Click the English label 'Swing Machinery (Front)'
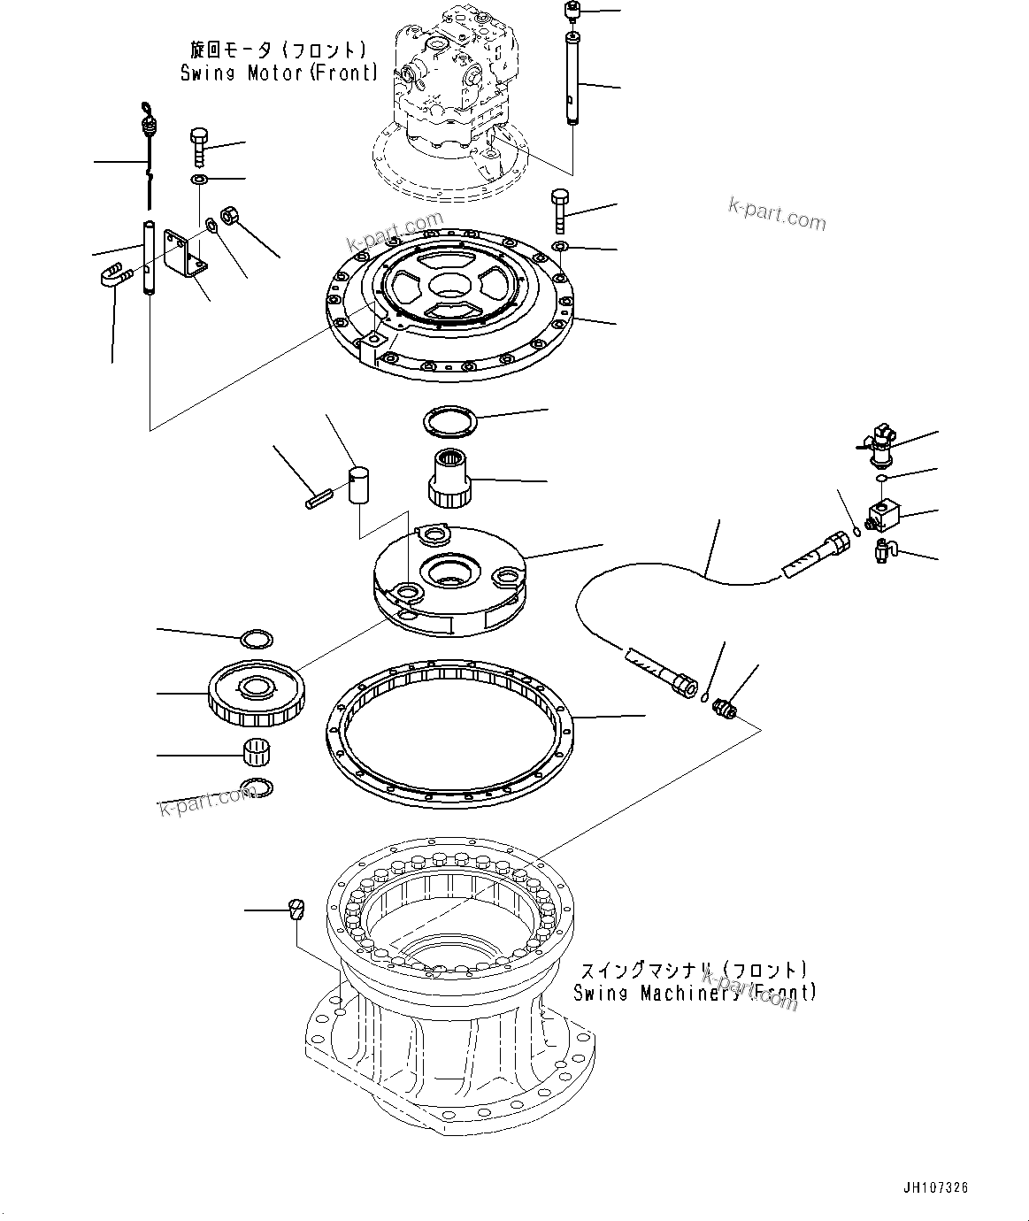tap(695, 993)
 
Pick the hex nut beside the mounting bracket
tap(230, 215)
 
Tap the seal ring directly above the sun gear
tap(449, 421)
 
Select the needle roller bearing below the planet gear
tap(256, 752)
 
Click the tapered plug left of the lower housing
tap(296, 909)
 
